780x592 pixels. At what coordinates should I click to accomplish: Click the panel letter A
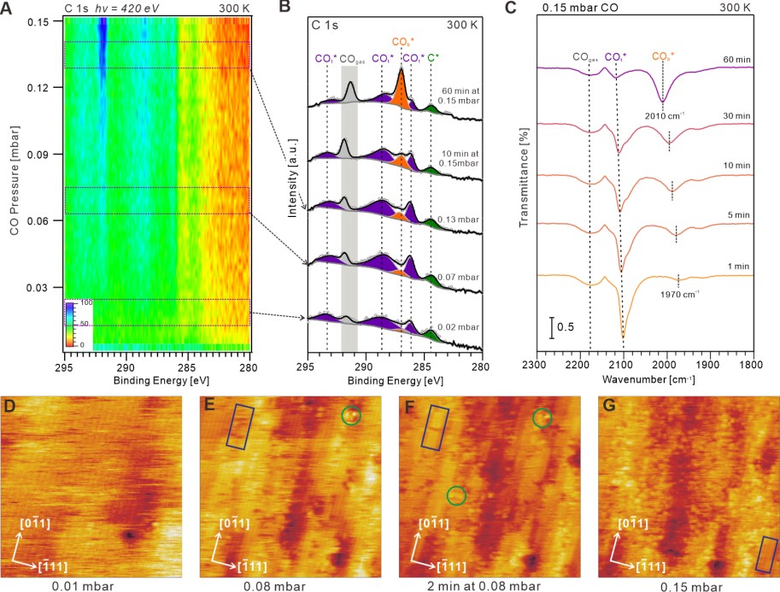(x=8, y=9)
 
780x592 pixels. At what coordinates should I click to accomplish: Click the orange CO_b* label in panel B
(x=403, y=40)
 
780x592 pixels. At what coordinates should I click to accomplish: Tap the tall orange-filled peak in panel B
(x=401, y=86)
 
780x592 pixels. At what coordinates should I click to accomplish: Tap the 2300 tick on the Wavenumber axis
(x=536, y=364)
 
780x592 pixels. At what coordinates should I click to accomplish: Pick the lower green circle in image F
(x=457, y=495)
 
